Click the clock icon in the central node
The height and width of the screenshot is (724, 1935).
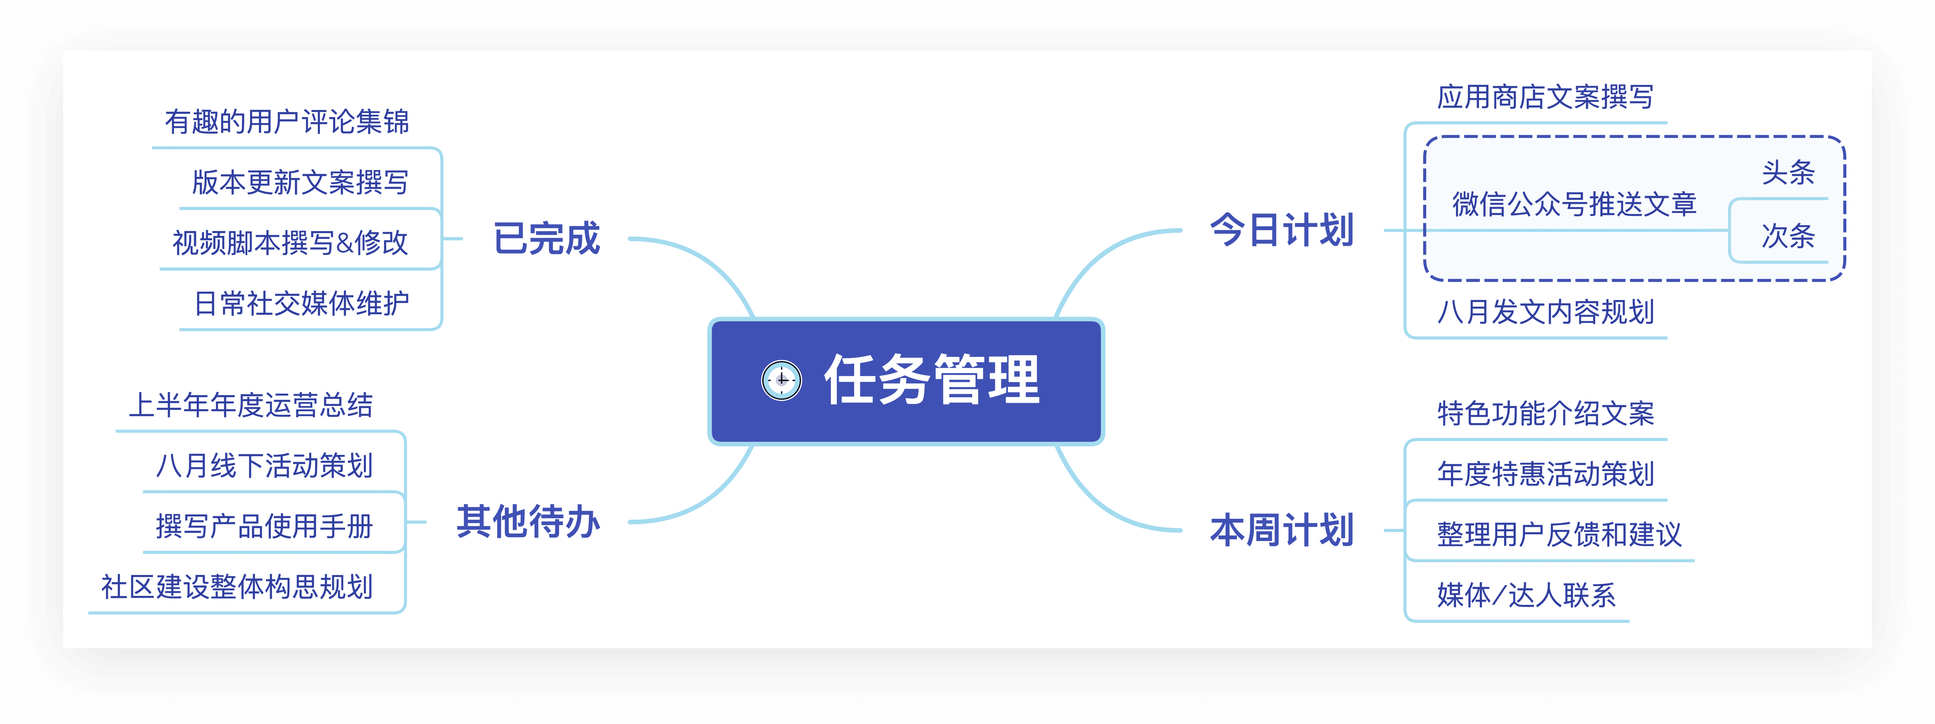[x=781, y=380]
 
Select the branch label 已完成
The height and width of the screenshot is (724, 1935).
[x=547, y=239]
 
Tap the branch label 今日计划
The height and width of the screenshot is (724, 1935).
[x=1281, y=230]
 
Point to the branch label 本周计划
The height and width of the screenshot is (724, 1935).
[x=1281, y=530]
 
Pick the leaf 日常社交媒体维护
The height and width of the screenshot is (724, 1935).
[x=301, y=304]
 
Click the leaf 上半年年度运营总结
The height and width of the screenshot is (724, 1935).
[x=251, y=406]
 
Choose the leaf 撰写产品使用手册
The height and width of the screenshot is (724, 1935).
[x=264, y=526]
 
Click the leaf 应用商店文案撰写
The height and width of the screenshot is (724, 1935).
[x=1545, y=97]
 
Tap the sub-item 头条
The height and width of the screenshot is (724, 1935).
[x=1788, y=173]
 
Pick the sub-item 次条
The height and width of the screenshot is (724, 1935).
[x=1788, y=236]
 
